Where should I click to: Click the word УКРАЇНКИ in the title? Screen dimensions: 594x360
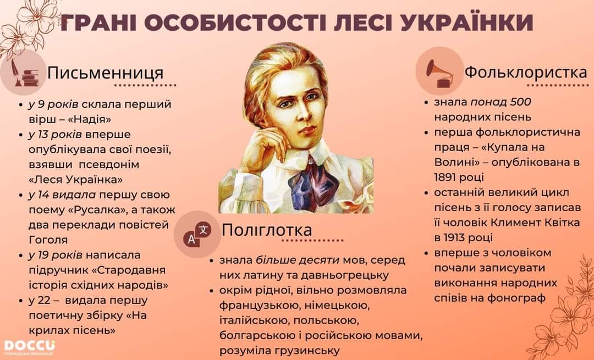tap(467, 23)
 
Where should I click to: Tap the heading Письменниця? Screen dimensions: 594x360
tap(105, 73)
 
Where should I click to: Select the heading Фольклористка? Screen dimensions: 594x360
tap(526, 71)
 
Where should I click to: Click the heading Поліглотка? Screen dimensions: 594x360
tap(267, 230)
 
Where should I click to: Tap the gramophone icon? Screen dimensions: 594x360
tap(439, 72)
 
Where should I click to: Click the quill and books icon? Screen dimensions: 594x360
tap(24, 73)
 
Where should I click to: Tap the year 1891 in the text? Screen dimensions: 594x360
tap(446, 177)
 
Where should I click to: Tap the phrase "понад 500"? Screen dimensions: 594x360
tap(501, 102)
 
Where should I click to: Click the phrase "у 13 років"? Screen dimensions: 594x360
tap(56, 135)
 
